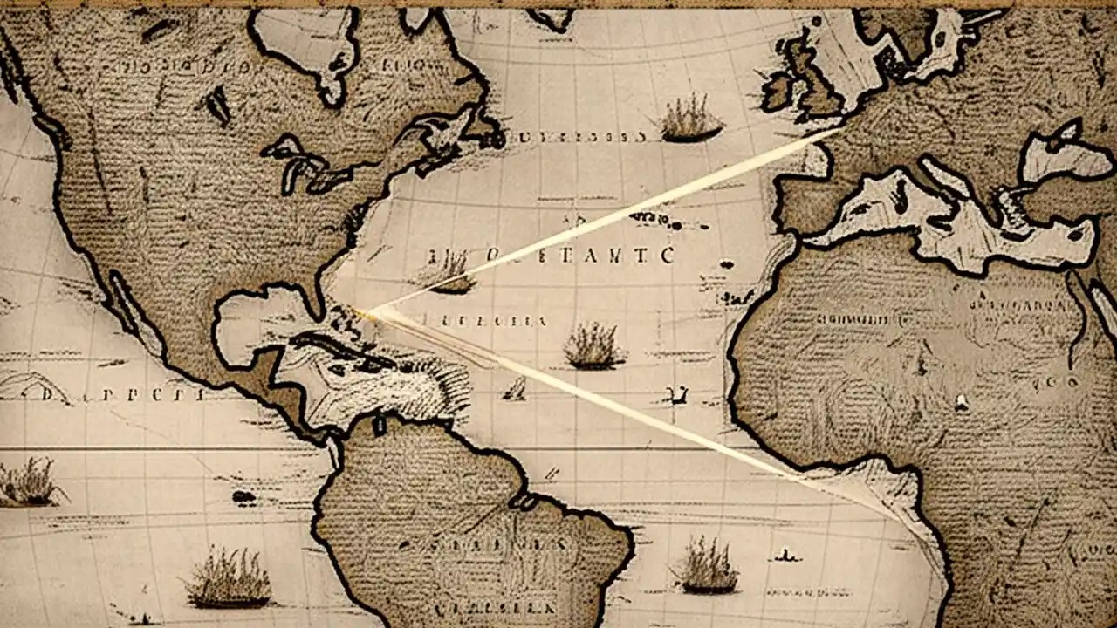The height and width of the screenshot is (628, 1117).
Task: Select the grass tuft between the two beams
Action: tap(593, 347)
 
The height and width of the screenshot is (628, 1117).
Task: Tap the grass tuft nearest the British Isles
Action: tap(689, 119)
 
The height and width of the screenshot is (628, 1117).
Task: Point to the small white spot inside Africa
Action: tap(961, 402)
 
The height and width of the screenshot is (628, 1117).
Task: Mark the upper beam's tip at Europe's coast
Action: tap(838, 131)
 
